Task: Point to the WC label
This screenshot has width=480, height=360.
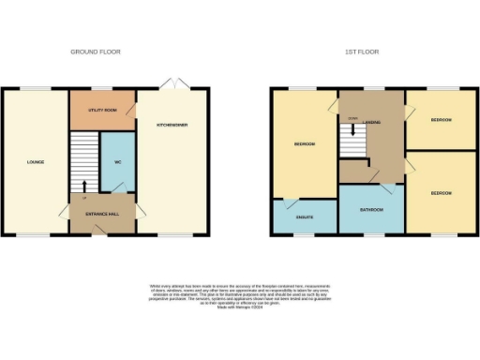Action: [117, 162]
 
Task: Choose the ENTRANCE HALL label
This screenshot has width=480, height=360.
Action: [102, 215]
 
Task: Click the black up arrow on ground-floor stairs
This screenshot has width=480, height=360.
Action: [84, 186]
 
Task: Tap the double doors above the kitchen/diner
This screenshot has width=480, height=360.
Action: [171, 84]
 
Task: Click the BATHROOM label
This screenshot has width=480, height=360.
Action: [371, 210]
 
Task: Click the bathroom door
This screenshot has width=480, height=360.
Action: [375, 177]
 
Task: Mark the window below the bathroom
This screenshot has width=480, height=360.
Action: [371, 234]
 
